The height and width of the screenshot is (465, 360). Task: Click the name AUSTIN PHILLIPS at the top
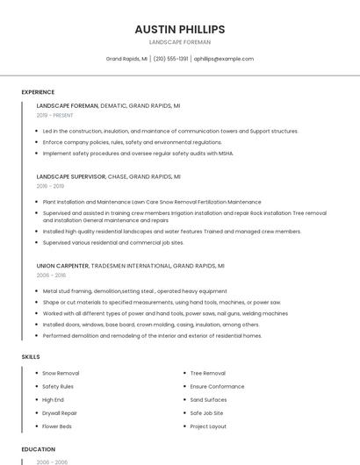pos(180,29)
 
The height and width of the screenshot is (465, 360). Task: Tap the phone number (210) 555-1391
pos(171,59)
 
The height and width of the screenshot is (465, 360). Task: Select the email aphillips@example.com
pos(224,59)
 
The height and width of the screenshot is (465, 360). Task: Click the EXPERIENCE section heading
pos(38,92)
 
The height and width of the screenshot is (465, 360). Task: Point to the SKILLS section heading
pos(31,357)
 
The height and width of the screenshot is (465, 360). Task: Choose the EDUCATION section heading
pos(38,449)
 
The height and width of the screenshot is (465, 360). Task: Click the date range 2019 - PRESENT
pos(55,115)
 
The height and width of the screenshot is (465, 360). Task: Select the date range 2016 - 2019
pos(50,186)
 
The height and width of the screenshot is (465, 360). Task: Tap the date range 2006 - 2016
pos(51,275)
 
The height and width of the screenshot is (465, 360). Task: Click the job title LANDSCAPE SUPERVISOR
pos(71,176)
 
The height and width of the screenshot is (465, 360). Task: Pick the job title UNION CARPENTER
pos(63,265)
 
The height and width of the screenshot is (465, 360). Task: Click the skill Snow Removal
pos(61,373)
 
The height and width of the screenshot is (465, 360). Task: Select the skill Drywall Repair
pos(60,412)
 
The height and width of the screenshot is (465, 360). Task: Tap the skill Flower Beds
pos(58,426)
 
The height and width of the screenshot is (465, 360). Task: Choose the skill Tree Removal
pos(207,373)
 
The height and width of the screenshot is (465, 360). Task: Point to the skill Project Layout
pos(208,426)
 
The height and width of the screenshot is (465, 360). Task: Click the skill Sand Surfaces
pos(208,399)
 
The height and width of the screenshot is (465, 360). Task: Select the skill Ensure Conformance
pos(217,386)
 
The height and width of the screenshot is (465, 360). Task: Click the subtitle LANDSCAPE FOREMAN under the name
pos(180,42)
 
